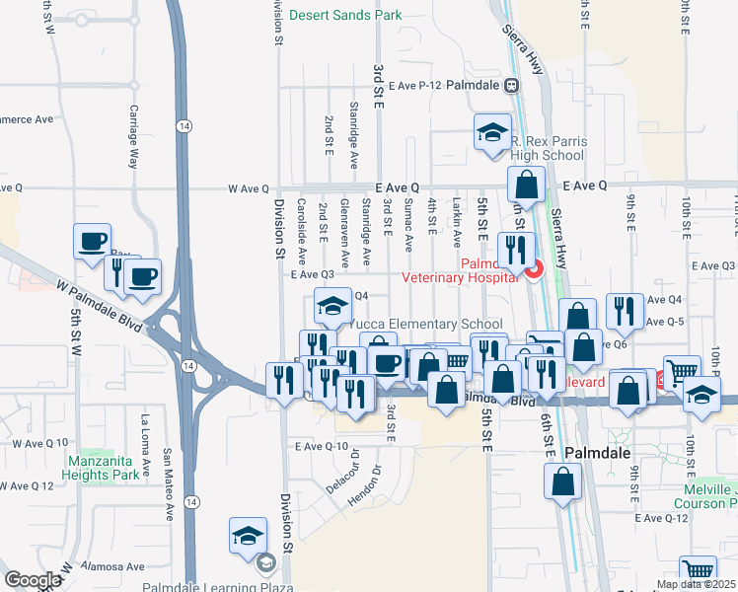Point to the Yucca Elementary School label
pos(426,324)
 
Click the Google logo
pos(33,579)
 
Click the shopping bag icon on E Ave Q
pos(528,185)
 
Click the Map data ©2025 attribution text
pos(695,584)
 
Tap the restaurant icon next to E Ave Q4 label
pos(625,311)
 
